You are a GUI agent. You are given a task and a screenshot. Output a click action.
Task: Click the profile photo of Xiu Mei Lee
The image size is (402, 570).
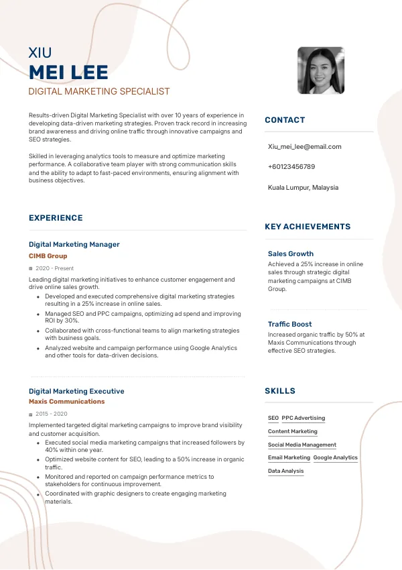(321, 71)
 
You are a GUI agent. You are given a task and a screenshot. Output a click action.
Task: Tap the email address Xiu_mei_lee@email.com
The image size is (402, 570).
(304, 146)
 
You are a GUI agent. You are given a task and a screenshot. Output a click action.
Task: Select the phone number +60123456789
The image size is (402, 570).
(291, 166)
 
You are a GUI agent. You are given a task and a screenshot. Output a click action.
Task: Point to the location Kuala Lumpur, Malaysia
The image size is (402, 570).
(303, 188)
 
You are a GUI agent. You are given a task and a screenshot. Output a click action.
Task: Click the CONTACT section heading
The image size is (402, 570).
(285, 120)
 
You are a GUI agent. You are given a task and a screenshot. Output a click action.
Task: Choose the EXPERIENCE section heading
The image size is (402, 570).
(56, 218)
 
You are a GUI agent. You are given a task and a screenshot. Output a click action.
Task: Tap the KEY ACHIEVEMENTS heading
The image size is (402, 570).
(308, 227)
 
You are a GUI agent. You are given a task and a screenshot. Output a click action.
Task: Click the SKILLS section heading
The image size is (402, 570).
(280, 391)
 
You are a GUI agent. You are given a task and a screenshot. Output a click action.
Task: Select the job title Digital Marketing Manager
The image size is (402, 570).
(74, 245)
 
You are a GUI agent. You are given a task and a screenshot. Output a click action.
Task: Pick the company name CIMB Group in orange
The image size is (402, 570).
(48, 256)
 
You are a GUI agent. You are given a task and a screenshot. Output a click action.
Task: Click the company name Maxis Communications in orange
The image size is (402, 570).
(67, 402)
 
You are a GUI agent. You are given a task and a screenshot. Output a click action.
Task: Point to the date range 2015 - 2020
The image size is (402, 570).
(52, 414)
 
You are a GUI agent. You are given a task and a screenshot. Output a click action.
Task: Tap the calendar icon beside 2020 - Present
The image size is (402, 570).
(31, 269)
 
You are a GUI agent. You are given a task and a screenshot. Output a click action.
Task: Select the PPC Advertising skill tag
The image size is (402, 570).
(304, 418)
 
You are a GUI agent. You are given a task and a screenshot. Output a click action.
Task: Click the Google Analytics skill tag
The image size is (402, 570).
(336, 457)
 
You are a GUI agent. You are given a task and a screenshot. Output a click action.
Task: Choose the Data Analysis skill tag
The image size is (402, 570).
(286, 471)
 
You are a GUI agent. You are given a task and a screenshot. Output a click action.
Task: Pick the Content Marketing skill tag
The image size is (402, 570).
(293, 431)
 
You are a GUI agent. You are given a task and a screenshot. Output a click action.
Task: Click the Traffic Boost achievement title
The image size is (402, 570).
(290, 325)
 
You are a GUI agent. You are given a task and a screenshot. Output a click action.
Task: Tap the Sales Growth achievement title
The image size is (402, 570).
(291, 254)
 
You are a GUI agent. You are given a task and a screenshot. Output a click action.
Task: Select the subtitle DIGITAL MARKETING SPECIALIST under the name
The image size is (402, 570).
(99, 91)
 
